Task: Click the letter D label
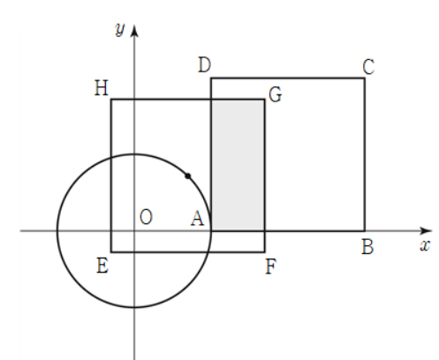(x=205, y=64)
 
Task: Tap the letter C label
(x=368, y=67)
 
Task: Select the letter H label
(x=102, y=88)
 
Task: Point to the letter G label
(x=276, y=94)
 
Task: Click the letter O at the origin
(x=146, y=217)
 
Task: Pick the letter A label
(x=197, y=219)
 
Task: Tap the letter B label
(x=367, y=246)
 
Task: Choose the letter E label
(x=102, y=266)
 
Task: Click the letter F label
(x=271, y=266)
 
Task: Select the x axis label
(x=425, y=245)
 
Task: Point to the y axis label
(x=120, y=29)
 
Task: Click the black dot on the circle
(x=188, y=176)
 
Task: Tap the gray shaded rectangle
(x=238, y=165)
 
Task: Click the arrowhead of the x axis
(x=426, y=231)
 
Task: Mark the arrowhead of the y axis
(x=134, y=31)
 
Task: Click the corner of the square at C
(x=365, y=79)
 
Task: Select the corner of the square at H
(x=111, y=100)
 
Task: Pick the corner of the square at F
(x=264, y=252)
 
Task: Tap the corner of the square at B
(x=365, y=231)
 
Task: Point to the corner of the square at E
(x=111, y=252)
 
